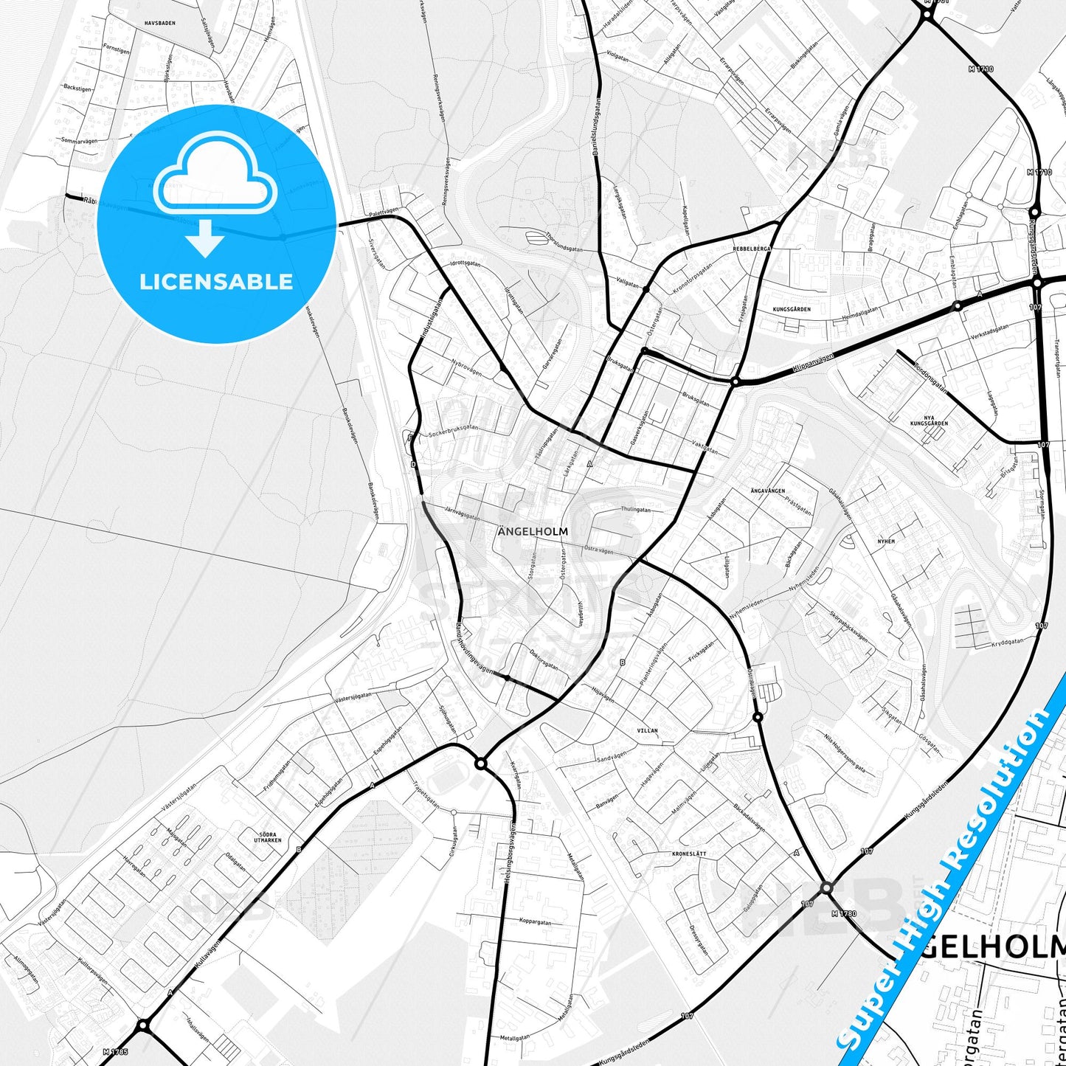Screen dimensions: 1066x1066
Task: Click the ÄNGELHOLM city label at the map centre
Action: tap(533, 530)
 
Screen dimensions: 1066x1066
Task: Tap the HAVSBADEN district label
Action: tap(160, 23)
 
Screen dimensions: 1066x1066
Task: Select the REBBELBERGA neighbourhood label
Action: tap(752, 249)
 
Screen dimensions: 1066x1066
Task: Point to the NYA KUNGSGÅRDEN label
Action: tap(928, 420)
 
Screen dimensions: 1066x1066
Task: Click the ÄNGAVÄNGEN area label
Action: tap(767, 491)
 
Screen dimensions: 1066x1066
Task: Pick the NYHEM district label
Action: tap(885, 541)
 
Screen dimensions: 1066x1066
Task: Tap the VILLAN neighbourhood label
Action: tap(647, 730)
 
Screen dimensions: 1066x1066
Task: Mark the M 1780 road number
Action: tap(844, 913)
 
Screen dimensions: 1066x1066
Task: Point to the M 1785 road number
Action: tap(116, 1051)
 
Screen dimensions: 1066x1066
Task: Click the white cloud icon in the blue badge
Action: tap(215, 174)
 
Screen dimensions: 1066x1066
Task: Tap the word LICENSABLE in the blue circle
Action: tap(216, 281)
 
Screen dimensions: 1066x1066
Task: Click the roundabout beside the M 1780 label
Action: tap(826, 888)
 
